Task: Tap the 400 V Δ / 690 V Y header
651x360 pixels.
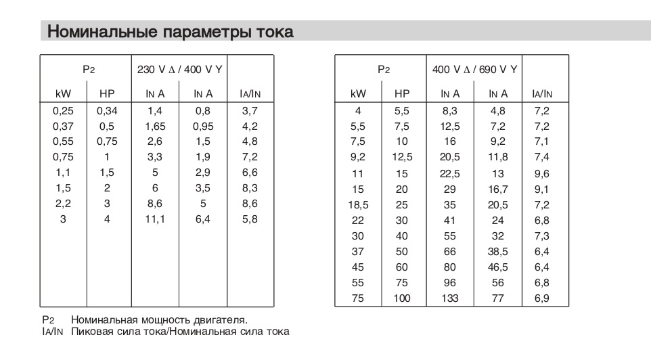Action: coord(475,69)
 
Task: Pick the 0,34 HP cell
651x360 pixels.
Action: coord(107,110)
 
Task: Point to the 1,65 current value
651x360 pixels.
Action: coord(155,126)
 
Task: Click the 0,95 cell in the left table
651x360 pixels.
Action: coord(203,126)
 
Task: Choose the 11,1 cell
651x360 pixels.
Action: coord(155,220)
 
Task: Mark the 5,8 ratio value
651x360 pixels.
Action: coord(250,220)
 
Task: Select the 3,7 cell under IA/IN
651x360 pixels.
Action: coord(250,110)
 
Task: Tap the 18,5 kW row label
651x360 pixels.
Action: coord(358,204)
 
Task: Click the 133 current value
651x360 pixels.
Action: coord(450,298)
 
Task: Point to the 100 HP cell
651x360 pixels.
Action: coord(402,298)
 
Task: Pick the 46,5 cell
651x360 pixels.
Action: coord(498,267)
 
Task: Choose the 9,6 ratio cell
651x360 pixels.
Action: coord(541,173)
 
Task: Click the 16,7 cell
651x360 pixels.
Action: coord(498,189)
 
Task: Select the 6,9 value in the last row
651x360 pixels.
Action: coord(541,298)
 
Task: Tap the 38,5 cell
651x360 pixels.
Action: coord(498,252)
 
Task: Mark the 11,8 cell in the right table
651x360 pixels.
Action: coord(498,157)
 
